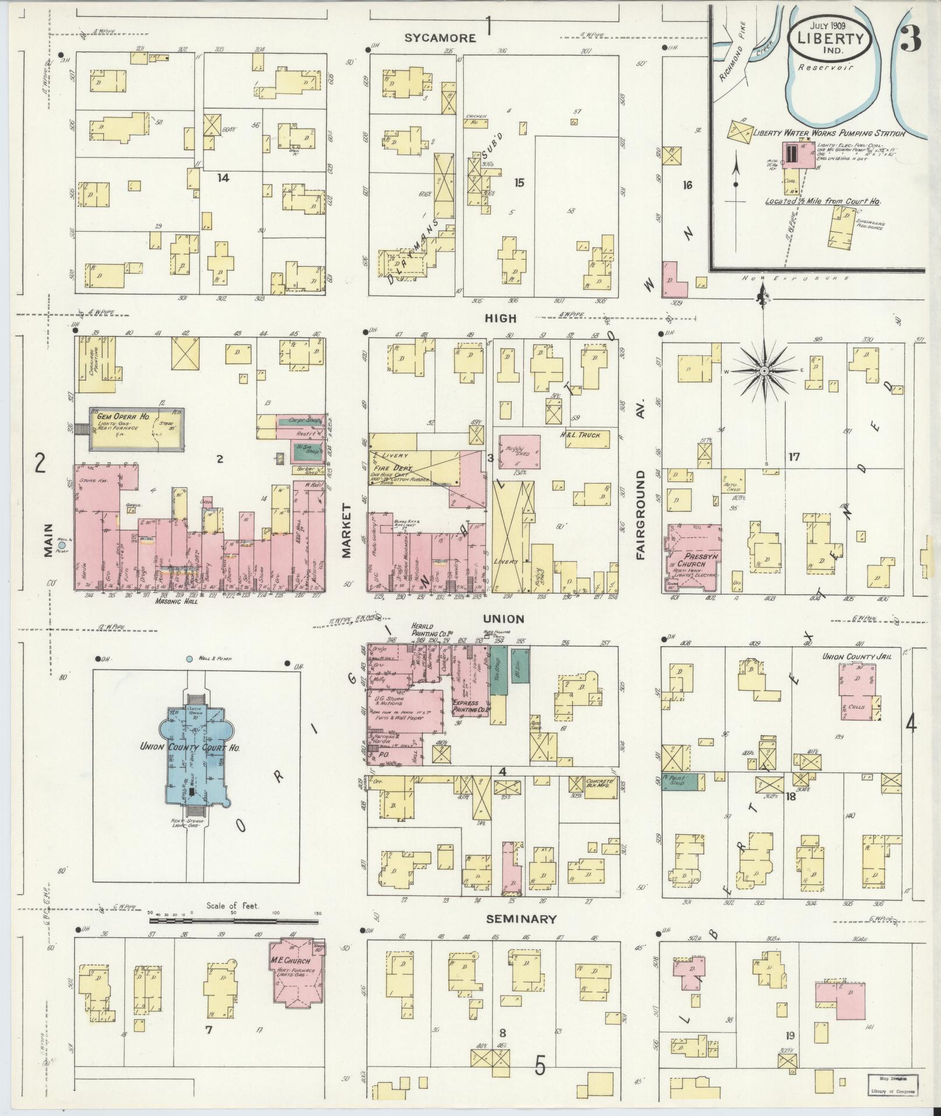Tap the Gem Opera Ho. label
pyautogui.click(x=120, y=414)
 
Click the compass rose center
pyautogui.click(x=764, y=371)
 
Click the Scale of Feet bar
pyautogui.click(x=233, y=937)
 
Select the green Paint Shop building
pyautogui.click(x=684, y=782)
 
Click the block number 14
pyautogui.click(x=222, y=177)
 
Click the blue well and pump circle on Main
pyautogui.click(x=62, y=545)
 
